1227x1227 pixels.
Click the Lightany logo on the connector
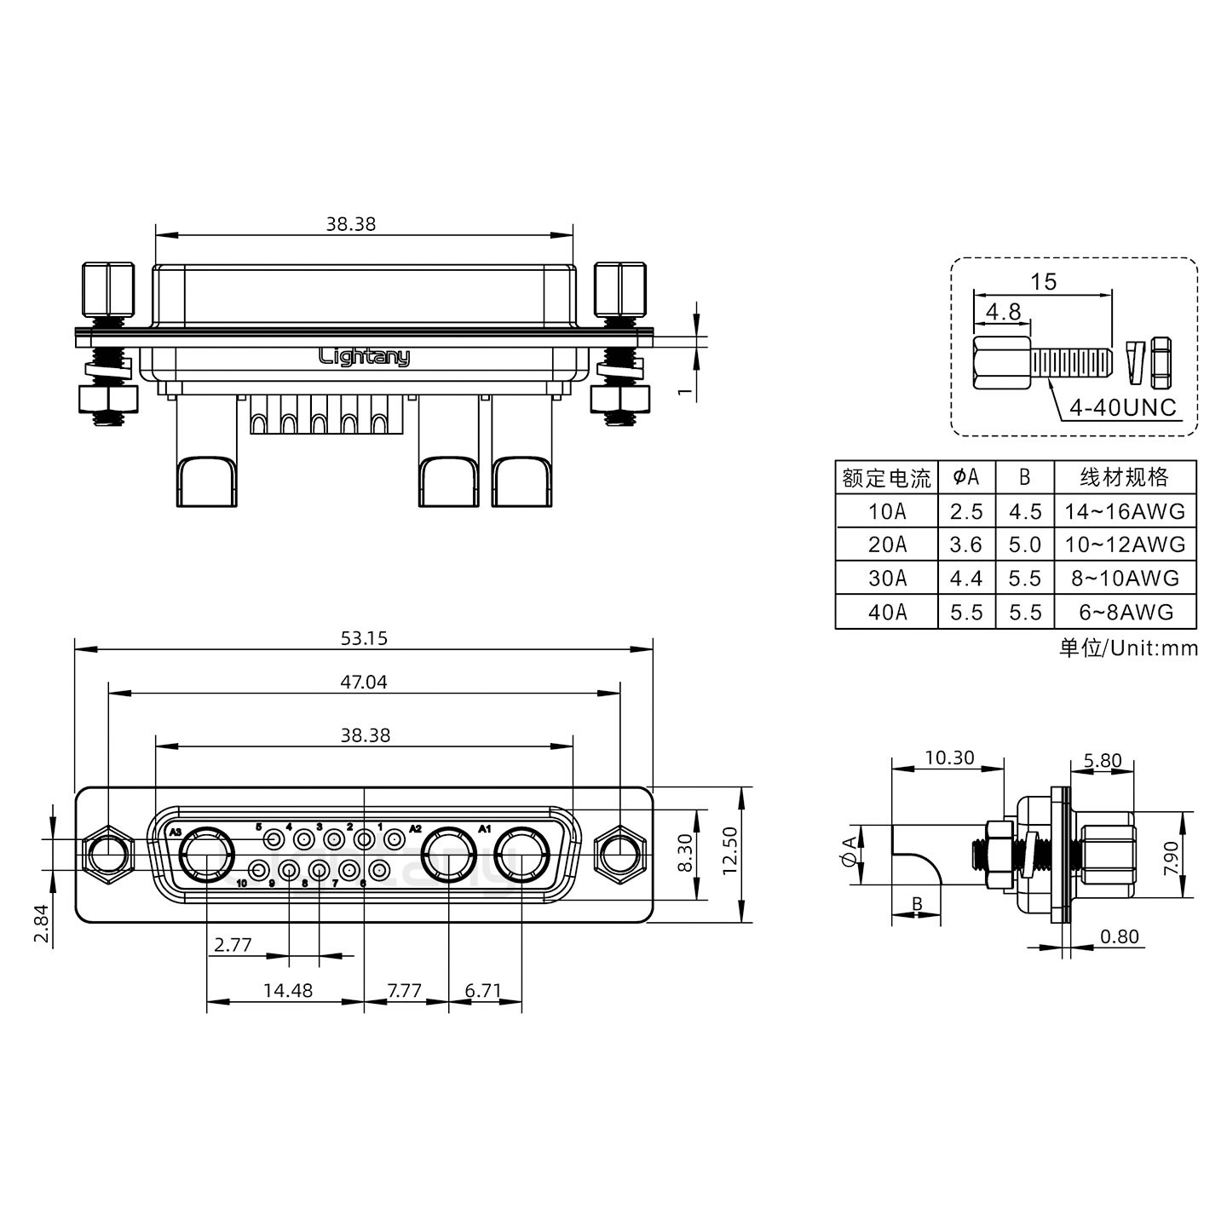[x=364, y=356]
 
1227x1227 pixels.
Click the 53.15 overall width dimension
[x=364, y=638]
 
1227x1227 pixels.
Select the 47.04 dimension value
[x=364, y=682]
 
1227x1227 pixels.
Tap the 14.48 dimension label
[x=287, y=990]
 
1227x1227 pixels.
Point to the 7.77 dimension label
[x=404, y=990]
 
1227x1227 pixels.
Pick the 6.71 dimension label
[x=483, y=990]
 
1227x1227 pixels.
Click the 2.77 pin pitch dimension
[x=233, y=945]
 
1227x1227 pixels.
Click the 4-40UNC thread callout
[x=1122, y=408]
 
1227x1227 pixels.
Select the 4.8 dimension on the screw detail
[x=1003, y=312]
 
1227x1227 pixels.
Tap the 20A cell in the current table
[x=887, y=544]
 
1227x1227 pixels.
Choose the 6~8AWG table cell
[x=1125, y=612]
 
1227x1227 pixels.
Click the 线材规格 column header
[x=1125, y=477]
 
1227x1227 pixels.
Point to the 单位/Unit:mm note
[x=1128, y=648]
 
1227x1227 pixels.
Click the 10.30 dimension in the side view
[x=948, y=758]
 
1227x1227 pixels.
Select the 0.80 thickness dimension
[x=1119, y=936]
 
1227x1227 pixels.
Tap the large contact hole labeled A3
[x=205, y=855]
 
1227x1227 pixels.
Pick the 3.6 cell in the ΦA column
[x=966, y=544]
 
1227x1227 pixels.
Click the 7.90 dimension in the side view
[x=1171, y=856]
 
